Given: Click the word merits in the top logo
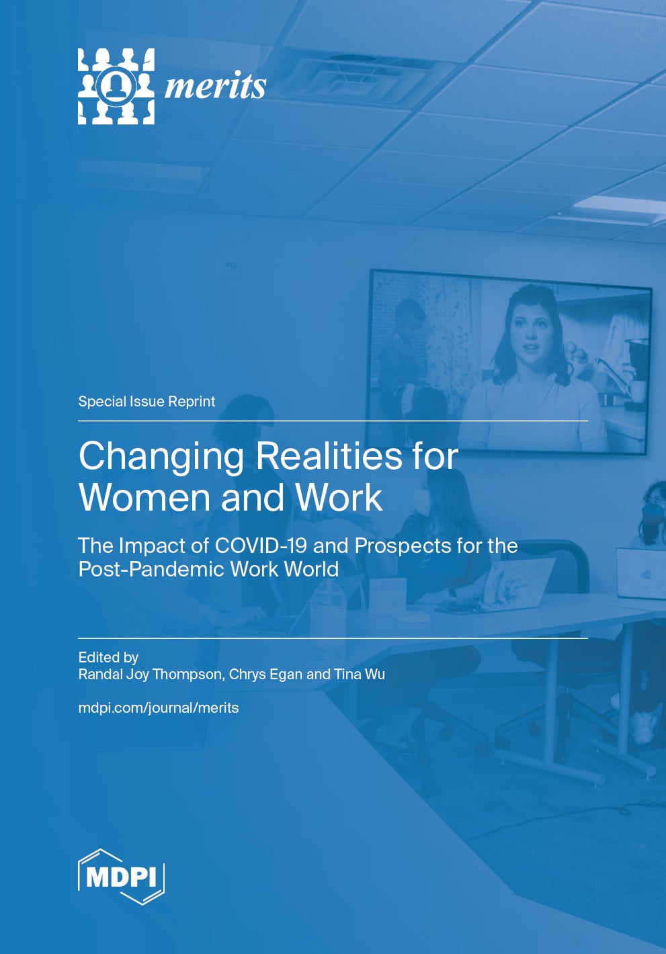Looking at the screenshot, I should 215,86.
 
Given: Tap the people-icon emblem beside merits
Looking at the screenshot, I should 116,86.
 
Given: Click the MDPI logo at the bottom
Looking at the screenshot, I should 121,876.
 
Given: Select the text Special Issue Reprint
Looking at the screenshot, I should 147,402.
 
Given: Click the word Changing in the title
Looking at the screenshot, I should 161,457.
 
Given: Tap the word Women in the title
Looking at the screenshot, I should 144,498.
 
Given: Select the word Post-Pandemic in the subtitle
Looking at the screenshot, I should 151,570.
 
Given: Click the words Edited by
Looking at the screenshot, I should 108,657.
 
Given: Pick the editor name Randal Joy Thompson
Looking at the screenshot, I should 150,675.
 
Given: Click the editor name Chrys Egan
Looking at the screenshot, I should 265,675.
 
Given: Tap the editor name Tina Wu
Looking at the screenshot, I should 360,675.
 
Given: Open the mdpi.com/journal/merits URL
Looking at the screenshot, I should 159,708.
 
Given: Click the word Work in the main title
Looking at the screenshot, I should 339,498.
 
